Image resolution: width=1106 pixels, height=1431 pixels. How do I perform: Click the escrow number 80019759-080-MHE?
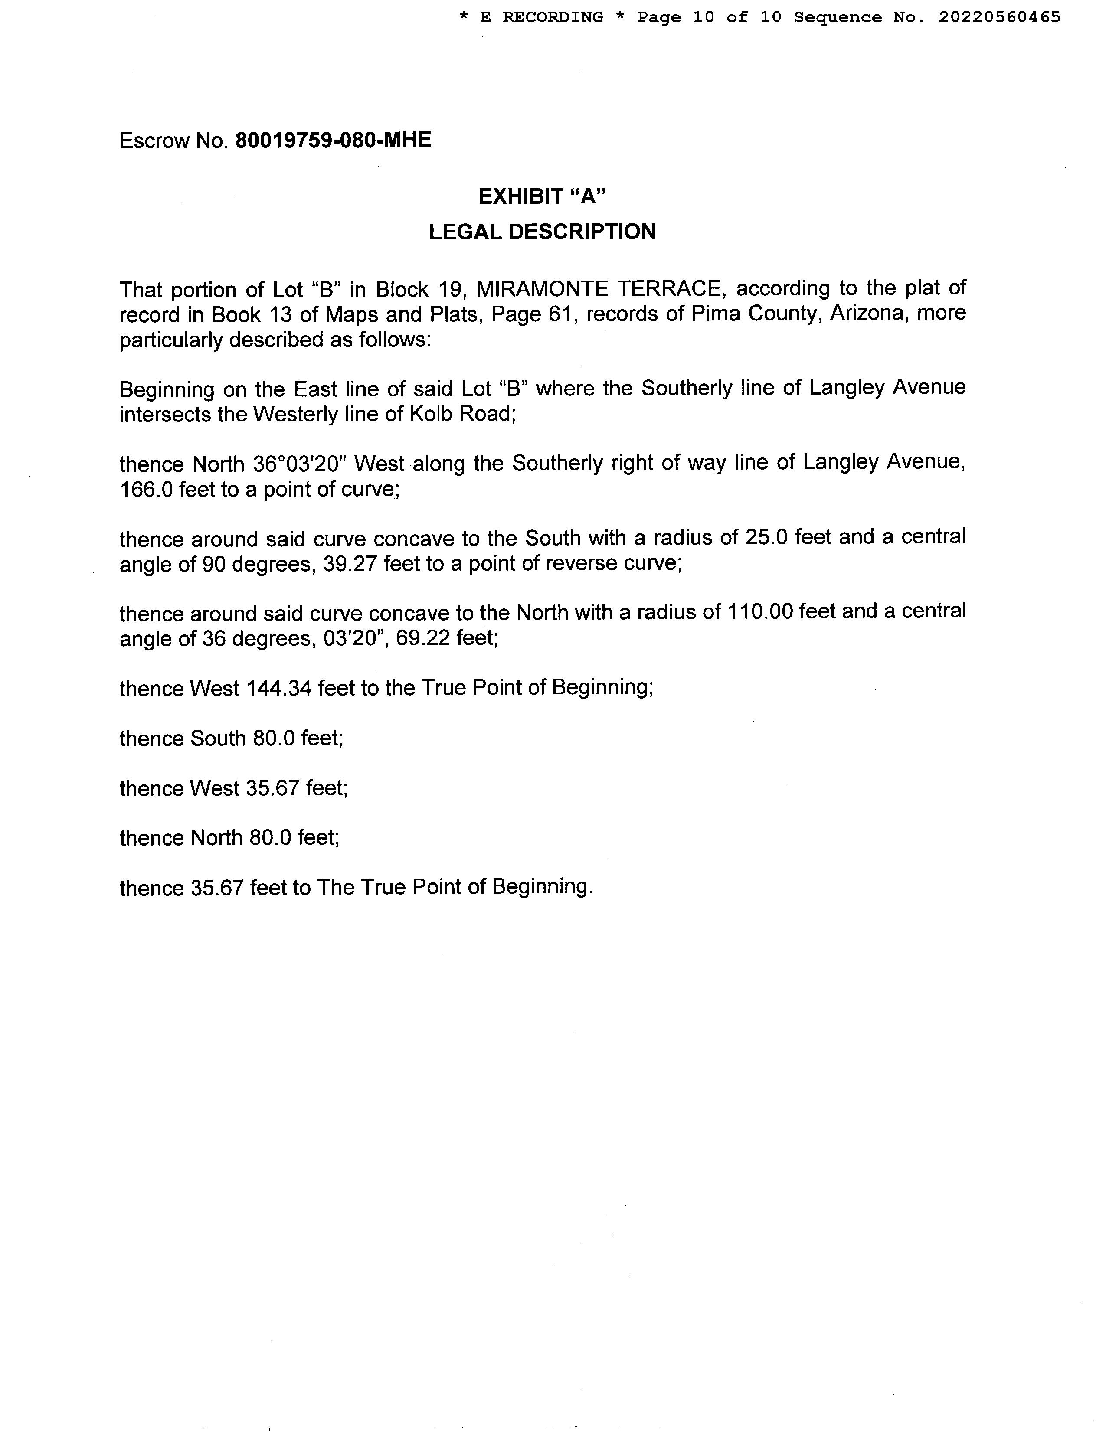[333, 140]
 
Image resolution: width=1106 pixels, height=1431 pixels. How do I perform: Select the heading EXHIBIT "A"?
[542, 196]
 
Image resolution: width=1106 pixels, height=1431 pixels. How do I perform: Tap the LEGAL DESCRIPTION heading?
[542, 231]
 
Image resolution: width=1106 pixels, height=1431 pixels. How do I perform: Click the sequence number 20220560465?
[999, 17]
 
